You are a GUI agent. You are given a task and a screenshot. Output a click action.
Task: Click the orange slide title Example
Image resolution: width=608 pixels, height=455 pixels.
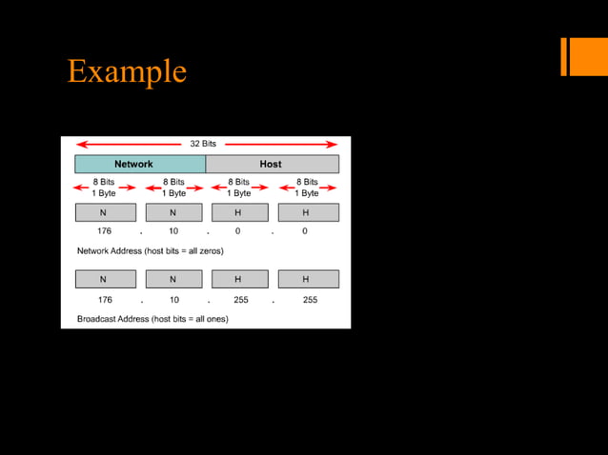[127, 71]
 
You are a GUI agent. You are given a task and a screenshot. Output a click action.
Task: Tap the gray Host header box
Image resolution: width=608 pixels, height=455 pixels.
[272, 164]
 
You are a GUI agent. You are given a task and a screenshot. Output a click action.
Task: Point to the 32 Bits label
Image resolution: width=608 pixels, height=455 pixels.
[203, 144]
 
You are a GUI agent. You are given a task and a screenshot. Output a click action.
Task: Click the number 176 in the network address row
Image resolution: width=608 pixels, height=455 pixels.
[105, 231]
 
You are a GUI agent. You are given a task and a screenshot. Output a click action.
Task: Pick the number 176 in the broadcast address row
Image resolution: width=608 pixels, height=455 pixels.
[105, 300]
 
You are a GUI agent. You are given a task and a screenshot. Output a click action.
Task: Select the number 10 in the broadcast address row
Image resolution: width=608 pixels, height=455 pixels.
[174, 300]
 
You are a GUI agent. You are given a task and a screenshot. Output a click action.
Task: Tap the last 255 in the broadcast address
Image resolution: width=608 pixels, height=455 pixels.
[310, 300]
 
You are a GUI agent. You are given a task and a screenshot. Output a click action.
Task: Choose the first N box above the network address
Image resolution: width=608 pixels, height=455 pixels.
[104, 212]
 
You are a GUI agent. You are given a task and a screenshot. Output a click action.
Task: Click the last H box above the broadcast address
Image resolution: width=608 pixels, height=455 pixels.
[307, 279]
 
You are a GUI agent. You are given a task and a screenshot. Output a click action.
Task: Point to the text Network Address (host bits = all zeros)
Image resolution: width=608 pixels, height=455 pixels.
[150, 250]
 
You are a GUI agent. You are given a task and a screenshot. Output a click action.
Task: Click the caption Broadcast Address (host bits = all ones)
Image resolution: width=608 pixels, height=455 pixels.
[152, 319]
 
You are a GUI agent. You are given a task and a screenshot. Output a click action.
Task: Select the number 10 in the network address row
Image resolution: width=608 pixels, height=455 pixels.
[174, 231]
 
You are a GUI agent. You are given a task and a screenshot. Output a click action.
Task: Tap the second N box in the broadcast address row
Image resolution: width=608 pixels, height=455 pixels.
[172, 279]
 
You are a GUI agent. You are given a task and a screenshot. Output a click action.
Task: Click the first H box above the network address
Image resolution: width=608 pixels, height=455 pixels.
[238, 212]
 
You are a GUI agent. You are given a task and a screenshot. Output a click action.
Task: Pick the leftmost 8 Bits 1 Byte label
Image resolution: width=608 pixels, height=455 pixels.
[106, 187]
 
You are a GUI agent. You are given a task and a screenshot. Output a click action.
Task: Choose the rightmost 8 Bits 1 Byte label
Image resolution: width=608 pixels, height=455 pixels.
[307, 187]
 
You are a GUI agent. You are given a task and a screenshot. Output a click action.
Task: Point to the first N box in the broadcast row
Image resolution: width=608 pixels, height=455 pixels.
[104, 279]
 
